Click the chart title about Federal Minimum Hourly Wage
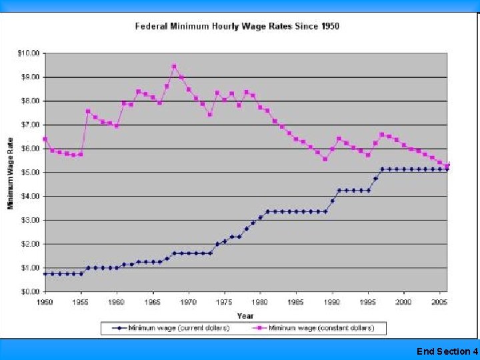237,26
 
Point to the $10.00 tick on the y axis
29,53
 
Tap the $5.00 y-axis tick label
30,172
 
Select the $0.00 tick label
30,291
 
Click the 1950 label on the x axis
45,302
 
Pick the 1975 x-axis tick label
224,302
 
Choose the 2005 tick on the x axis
439,302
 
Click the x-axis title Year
245,316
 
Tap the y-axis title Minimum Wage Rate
11,173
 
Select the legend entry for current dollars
171,328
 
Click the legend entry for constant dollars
313,328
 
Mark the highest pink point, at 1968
174,67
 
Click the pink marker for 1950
45,139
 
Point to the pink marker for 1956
88,111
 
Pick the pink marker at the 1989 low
325,159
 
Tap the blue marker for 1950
45,274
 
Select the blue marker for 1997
382,169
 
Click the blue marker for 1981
267,211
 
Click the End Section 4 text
447,351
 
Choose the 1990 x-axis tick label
332,302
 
